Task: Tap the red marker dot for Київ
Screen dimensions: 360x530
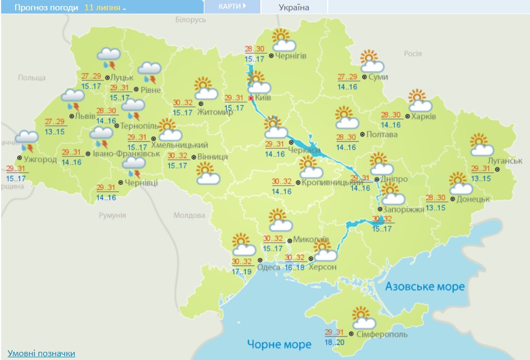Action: tap(251, 98)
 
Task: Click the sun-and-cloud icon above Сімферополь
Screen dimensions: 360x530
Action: tap(362, 317)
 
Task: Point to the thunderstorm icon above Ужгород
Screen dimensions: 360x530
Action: tap(26, 140)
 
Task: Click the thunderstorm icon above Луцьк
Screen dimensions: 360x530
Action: tap(108, 58)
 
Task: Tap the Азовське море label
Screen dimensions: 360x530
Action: tap(425, 286)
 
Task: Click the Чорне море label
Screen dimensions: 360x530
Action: tap(279, 344)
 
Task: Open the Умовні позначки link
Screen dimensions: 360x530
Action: tap(41, 353)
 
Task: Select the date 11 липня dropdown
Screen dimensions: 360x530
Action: tap(105, 9)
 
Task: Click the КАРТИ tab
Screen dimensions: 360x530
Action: tap(232, 7)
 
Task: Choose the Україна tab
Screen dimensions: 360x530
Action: tap(294, 8)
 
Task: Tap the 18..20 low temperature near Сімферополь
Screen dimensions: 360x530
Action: tap(334, 343)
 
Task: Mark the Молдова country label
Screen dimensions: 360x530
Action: tap(189, 216)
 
